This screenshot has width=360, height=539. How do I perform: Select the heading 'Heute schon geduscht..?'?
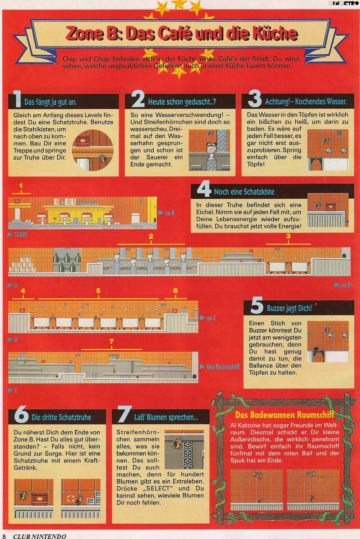coord(182,102)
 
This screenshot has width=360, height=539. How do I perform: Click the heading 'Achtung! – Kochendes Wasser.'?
coord(306,101)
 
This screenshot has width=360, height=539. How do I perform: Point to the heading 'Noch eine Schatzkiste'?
coord(244,192)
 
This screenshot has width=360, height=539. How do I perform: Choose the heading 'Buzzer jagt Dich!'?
coord(289,308)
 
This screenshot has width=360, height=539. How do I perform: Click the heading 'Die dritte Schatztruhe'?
coord(61,417)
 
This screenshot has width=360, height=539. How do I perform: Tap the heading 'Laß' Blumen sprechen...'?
coord(166,417)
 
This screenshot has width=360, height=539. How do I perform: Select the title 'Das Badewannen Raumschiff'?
coord(285,415)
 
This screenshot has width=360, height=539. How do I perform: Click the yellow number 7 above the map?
coord(111,342)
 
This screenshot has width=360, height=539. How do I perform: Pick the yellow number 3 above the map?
coord(288,236)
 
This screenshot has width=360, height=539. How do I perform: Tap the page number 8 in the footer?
coord(4,536)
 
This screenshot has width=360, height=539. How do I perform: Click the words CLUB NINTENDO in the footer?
coord(39,536)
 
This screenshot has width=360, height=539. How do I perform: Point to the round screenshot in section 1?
coord(93,150)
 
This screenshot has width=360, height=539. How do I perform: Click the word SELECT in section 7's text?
coord(158,488)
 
